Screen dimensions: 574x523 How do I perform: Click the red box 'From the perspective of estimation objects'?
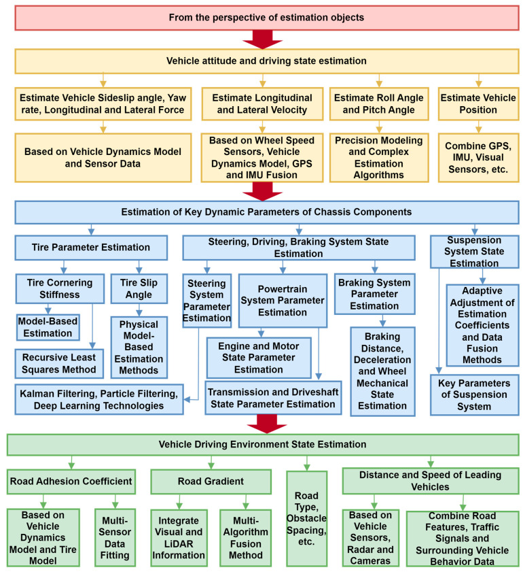[x=261, y=16]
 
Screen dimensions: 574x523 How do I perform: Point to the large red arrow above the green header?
[x=261, y=425]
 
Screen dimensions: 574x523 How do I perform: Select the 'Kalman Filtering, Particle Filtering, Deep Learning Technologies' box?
[x=98, y=399]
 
